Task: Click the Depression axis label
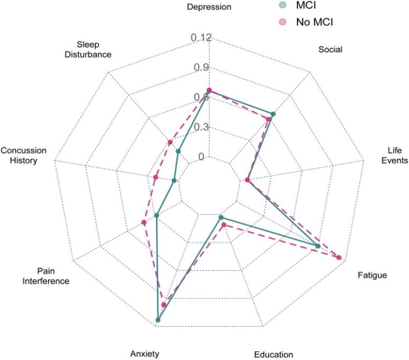(x=209, y=7)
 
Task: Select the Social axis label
(x=330, y=50)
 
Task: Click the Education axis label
(x=274, y=354)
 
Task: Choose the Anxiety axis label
(x=145, y=353)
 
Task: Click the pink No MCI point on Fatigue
(x=338, y=257)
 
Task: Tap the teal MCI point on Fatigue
(x=318, y=246)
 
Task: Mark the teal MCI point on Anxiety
(x=158, y=321)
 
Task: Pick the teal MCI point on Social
(x=273, y=114)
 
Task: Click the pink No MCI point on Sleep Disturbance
(x=170, y=142)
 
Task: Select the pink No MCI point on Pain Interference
(x=144, y=222)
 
